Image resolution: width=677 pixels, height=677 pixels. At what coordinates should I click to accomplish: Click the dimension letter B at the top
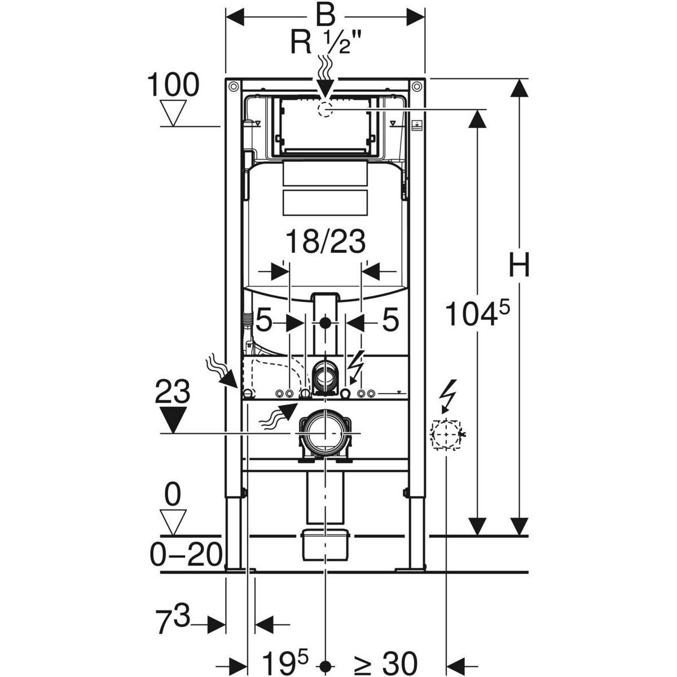tap(325, 16)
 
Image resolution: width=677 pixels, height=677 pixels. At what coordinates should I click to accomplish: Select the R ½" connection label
tap(327, 43)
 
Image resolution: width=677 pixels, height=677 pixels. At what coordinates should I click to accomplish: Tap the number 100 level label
tap(173, 86)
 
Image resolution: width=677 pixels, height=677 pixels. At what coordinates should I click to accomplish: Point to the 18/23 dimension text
tap(325, 243)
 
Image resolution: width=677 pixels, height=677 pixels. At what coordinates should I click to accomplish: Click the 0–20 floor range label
tap(186, 555)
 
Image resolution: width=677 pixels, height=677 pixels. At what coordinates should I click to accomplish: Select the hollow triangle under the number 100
tap(173, 113)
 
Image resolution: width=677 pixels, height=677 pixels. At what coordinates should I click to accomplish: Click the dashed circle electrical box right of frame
tap(445, 434)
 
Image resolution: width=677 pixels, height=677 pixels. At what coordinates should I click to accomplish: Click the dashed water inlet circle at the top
tap(326, 109)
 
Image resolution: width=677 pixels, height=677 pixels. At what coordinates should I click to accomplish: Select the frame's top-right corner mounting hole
tap(416, 86)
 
